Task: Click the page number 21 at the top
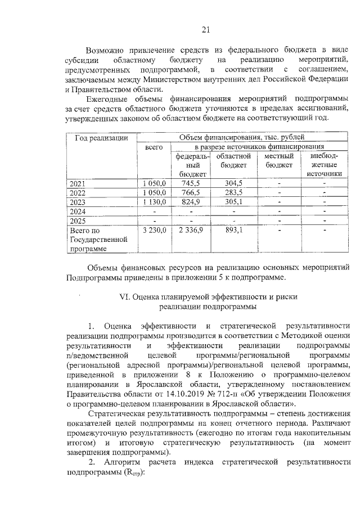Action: pyautogui.click(x=205, y=30)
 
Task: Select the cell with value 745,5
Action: pyautogui.click(x=191, y=183)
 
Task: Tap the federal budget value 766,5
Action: pyautogui.click(x=191, y=193)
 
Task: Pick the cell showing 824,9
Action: pyautogui.click(x=191, y=202)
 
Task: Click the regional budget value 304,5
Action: pyautogui.click(x=233, y=183)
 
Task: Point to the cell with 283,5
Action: pyautogui.click(x=233, y=193)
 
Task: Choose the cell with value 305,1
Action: pyautogui.click(x=233, y=202)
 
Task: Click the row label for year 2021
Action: pyautogui.click(x=78, y=184)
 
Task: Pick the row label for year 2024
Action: pyautogui.click(x=78, y=211)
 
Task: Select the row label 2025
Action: pyautogui.click(x=78, y=220)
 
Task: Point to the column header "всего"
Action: pyautogui.click(x=154, y=147)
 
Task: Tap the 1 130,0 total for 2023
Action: pyautogui.click(x=154, y=202)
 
